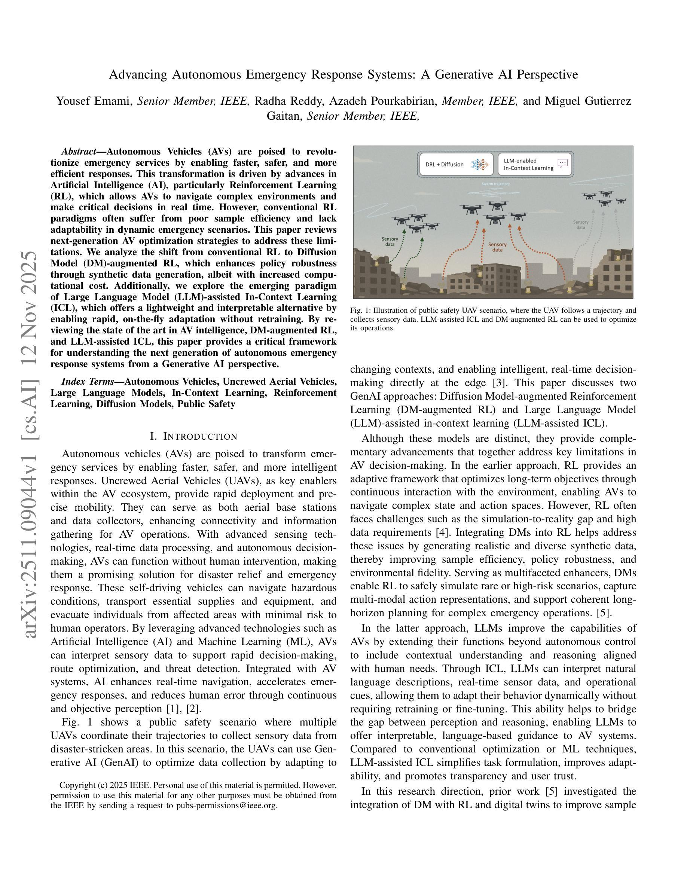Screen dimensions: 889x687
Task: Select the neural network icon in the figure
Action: tap(479, 165)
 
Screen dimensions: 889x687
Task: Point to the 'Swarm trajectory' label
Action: tap(495, 184)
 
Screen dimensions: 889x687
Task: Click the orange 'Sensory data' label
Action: tap(497, 247)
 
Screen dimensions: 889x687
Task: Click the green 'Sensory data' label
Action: tap(390, 242)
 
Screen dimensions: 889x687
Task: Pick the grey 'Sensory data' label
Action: tap(581, 225)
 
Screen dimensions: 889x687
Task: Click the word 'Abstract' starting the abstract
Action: tap(78, 152)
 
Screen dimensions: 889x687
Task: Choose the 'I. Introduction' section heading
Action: tap(193, 436)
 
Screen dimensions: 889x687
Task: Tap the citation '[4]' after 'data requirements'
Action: tap(440, 532)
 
